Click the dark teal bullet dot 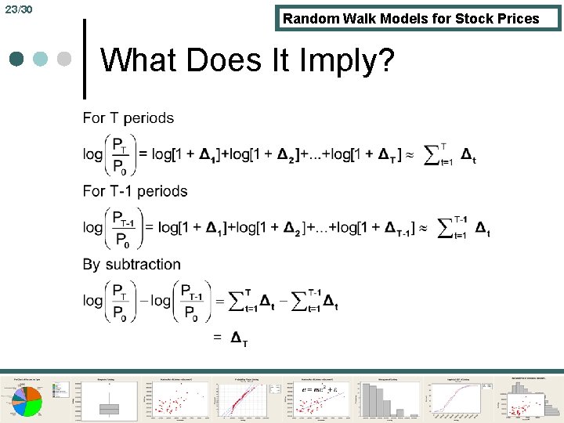pyautogui.click(x=16, y=60)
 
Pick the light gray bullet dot pyautogui.click(x=65, y=60)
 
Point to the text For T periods pyautogui.click(x=128, y=118)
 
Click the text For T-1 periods pyautogui.click(x=135, y=191)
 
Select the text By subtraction pyautogui.click(x=132, y=264)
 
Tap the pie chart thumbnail pyautogui.click(x=32, y=397)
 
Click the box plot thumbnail pyautogui.click(x=109, y=397)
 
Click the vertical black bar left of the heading pyautogui.click(x=85, y=60)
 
